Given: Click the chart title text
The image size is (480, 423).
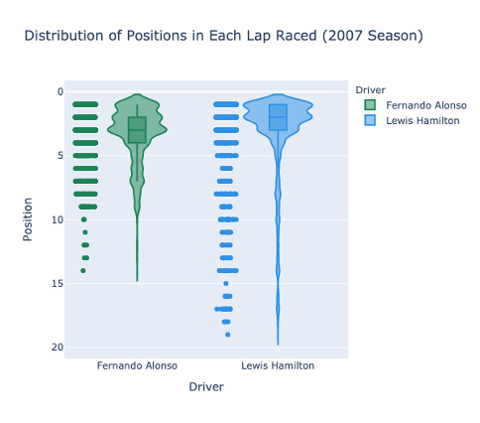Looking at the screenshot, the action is point(223,36).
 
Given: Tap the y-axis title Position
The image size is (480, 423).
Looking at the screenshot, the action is point(28,219).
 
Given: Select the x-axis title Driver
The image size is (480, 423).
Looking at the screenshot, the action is point(206,386).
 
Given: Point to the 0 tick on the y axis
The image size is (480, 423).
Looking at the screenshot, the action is point(60,91).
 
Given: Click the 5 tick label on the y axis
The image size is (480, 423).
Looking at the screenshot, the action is point(60,156).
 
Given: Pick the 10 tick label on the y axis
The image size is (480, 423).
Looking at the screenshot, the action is point(58,219).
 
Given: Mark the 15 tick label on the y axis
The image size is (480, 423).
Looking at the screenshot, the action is point(58,283).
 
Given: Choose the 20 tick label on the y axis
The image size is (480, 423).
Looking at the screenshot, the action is point(58,348).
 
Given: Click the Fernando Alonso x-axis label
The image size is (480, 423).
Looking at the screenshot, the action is point(137,365).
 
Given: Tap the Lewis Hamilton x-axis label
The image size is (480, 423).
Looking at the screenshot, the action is point(278,365).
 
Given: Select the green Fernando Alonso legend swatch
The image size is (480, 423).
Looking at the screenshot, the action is point(370,105).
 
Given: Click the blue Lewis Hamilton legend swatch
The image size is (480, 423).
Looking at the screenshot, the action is point(370,120).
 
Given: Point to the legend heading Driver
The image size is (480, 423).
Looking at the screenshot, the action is point(370,90).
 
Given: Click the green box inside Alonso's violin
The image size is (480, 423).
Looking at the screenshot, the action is point(137,130).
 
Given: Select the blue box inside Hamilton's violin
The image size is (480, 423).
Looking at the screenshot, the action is point(278,117).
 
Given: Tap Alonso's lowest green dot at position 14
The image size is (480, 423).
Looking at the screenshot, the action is point(83,271).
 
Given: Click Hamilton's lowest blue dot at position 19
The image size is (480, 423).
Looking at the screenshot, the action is point(228,335).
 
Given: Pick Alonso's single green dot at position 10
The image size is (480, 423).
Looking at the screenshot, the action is point(84,219).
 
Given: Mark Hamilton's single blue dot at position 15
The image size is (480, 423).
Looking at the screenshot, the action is point(226,283).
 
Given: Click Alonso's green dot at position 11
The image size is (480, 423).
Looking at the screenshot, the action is point(85,232).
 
